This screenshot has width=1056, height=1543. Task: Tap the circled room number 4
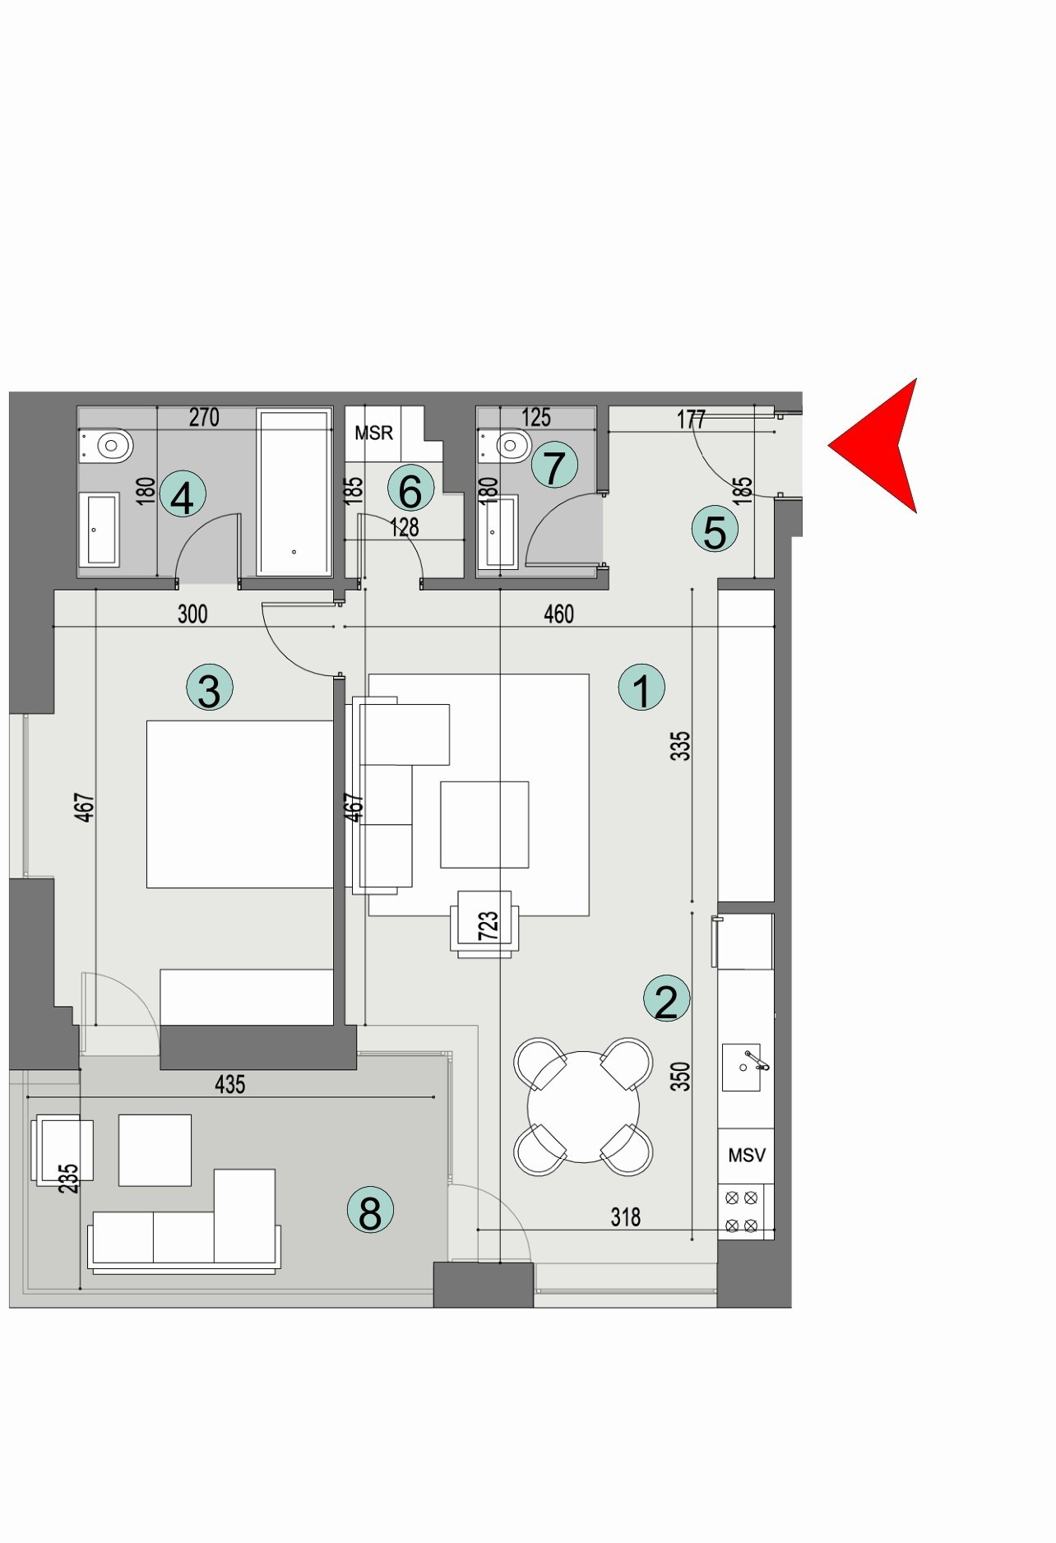[183, 496]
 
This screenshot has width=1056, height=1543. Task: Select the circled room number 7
[554, 466]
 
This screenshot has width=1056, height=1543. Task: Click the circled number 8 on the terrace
[370, 1211]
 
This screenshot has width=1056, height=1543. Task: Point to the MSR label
[373, 433]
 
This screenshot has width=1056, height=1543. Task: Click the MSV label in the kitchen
[746, 1155]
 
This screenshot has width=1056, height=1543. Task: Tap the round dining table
[583, 1106]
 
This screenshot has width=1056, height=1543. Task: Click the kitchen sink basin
[741, 1067]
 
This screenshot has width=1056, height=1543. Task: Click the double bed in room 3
[239, 804]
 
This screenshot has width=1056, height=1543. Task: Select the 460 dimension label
[558, 614]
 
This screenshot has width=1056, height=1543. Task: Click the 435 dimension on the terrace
[229, 1084]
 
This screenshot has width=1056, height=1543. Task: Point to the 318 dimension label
[625, 1216]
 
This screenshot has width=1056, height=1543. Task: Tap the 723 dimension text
[488, 925]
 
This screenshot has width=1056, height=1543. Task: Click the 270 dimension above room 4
[204, 417]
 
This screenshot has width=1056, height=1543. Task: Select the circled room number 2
[666, 1000]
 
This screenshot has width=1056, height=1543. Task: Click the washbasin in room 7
[499, 531]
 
